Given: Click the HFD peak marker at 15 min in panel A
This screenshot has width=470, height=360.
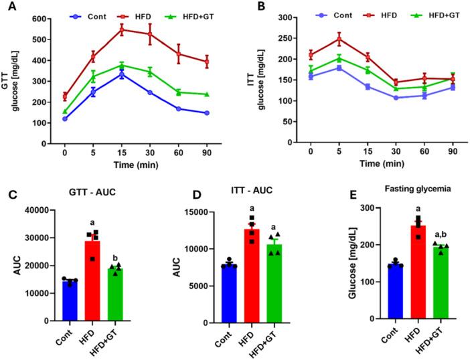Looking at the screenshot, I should pos(122,30).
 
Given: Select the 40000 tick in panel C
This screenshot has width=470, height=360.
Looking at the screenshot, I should pos(44,210).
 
